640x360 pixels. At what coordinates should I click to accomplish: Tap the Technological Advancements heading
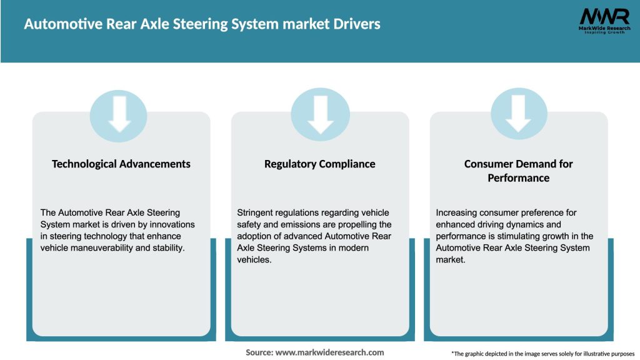pyautogui.click(x=121, y=164)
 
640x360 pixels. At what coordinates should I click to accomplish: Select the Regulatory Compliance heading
pyautogui.click(x=320, y=164)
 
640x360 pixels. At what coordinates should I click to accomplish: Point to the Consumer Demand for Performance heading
pyautogui.click(x=519, y=171)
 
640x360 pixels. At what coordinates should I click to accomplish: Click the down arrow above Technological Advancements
pyautogui.click(x=119, y=113)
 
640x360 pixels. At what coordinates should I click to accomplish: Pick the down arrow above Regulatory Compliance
pyautogui.click(x=320, y=113)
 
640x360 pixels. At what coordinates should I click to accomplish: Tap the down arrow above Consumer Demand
pyautogui.click(x=519, y=113)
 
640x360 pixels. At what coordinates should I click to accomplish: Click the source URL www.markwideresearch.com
pyautogui.click(x=330, y=352)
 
